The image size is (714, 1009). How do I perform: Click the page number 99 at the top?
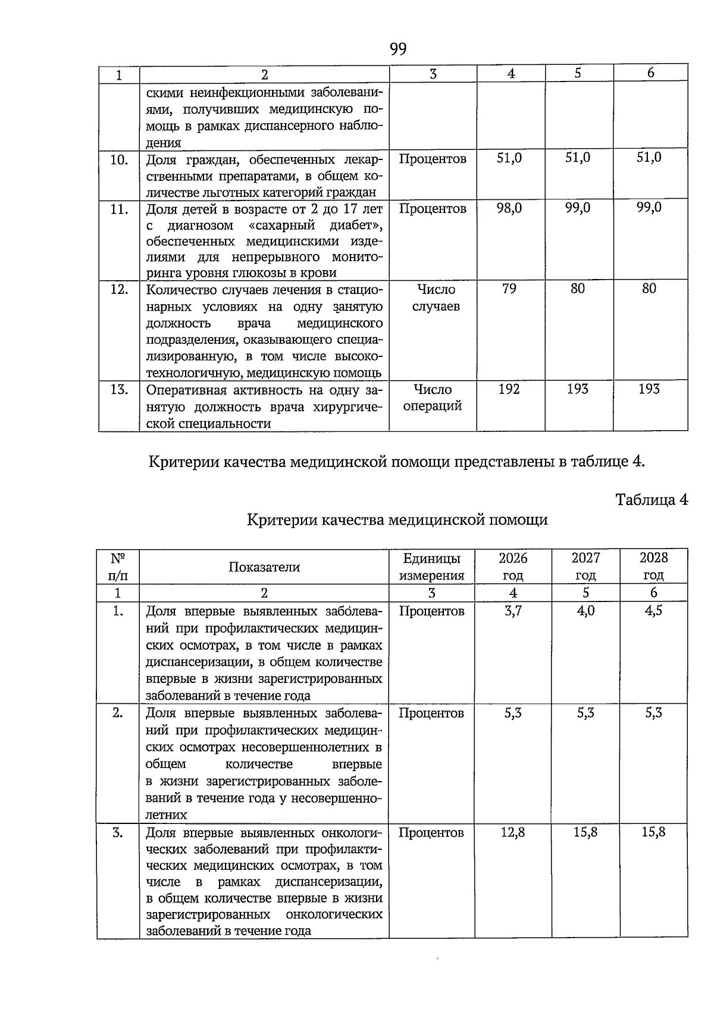(398, 49)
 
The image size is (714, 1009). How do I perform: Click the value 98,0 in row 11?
(509, 208)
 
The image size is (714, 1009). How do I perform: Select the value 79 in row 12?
(509, 289)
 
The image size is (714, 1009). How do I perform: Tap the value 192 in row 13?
(509, 389)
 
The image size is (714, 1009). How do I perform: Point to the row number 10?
(119, 159)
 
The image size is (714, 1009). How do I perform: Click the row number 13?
(119, 390)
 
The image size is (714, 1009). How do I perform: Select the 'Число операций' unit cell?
(433, 398)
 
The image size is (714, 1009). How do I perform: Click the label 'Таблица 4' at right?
(652, 500)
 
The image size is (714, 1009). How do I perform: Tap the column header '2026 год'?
(513, 566)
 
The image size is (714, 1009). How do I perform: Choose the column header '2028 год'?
(653, 566)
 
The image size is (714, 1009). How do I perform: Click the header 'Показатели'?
(264, 567)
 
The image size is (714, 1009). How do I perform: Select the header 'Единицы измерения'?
(431, 566)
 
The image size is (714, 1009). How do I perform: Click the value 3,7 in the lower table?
(513, 611)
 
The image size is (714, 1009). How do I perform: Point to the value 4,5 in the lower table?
(653, 611)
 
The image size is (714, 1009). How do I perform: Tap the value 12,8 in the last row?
(513, 832)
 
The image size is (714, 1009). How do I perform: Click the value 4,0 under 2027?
(585, 611)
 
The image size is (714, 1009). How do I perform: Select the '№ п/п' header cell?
(118, 566)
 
